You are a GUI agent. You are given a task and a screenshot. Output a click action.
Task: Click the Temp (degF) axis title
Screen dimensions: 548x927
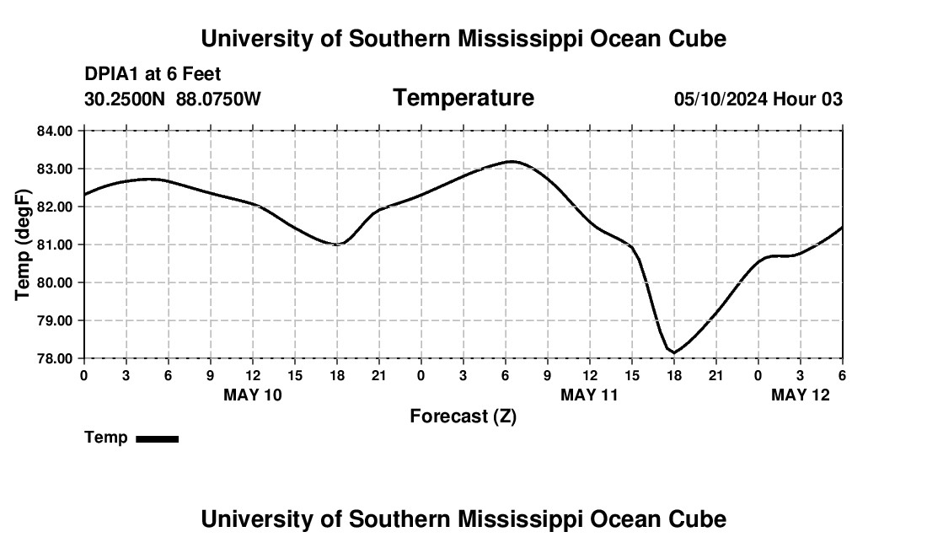[x=23, y=244]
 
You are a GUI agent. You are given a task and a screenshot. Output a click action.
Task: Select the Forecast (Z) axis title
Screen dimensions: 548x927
[x=463, y=416]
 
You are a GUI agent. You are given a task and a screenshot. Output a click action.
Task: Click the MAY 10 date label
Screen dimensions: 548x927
[x=253, y=395]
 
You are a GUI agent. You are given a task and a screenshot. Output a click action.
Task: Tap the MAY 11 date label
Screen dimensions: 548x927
[x=590, y=395]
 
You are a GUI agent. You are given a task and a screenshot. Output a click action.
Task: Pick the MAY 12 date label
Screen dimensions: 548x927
[x=801, y=395]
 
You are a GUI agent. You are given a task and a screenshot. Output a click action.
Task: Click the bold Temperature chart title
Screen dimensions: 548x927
[x=463, y=98]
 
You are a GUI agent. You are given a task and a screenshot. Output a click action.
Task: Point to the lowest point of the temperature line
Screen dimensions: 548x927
[x=675, y=352]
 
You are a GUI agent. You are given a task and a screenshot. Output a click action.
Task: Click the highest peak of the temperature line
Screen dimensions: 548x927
[x=512, y=161]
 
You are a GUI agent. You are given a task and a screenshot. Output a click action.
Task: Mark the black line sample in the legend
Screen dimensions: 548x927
[x=157, y=438]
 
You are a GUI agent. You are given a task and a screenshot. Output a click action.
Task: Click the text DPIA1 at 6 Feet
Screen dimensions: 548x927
[x=153, y=75]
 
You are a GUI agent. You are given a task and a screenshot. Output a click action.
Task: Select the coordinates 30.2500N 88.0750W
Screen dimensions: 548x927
[x=173, y=99]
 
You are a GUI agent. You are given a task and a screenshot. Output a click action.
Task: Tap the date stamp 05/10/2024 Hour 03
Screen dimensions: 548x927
[x=758, y=99]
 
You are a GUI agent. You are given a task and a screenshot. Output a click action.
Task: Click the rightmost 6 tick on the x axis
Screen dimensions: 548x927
[x=842, y=374]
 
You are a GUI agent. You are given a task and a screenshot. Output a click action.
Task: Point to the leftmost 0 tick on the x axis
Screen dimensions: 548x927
[x=84, y=374]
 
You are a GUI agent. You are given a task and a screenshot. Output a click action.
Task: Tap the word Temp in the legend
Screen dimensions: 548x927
[x=106, y=438]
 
